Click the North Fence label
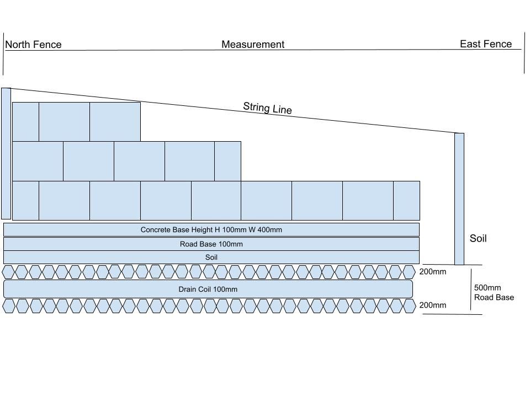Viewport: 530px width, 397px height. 33,45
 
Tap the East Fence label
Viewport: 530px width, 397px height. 485,44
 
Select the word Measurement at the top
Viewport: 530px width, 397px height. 253,45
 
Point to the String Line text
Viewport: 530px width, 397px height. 267,108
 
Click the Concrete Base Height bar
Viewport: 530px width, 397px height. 211,229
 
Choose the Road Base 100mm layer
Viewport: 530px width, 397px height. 211,244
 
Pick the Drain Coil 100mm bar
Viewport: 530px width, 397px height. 208,289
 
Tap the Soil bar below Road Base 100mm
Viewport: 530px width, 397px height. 211,257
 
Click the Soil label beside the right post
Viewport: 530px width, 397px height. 478,239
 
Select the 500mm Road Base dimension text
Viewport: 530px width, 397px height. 494,292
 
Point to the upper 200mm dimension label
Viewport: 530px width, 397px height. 433,272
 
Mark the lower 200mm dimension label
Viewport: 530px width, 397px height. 433,305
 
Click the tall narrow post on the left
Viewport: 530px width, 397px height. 6,153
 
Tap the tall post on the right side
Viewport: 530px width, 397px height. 459,198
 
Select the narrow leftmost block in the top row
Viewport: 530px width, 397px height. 25,121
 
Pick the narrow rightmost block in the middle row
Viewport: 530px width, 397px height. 227,161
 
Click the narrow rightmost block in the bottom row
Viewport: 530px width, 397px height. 406,201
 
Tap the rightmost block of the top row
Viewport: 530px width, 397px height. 115,121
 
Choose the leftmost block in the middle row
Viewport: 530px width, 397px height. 38,161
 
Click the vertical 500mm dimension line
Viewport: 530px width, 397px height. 471,289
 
